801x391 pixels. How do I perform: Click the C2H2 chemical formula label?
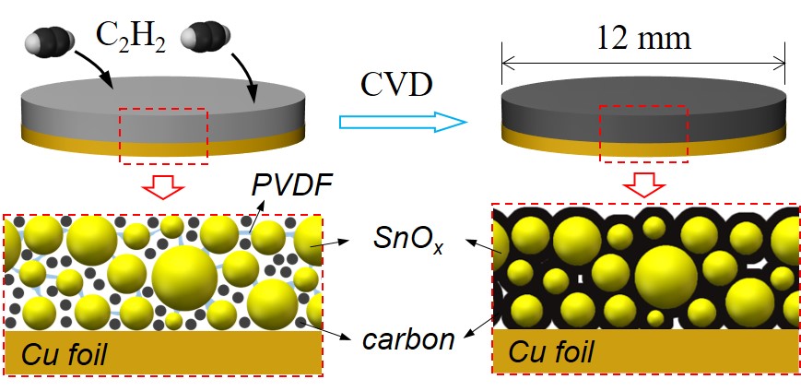tap(131, 38)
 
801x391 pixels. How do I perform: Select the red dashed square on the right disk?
tap(644, 133)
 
